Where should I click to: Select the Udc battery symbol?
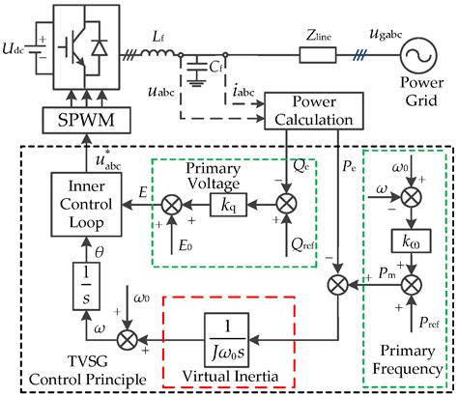click(41, 45)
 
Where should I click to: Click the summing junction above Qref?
click(286, 206)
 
